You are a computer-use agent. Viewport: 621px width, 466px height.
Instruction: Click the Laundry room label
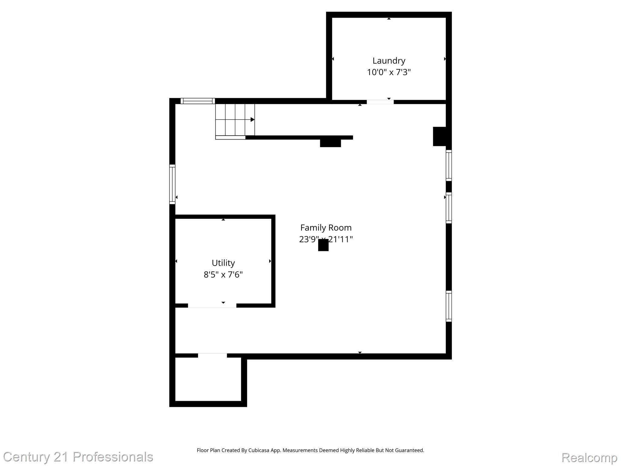(x=389, y=61)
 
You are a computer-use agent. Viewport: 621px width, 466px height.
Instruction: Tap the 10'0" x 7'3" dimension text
(x=389, y=72)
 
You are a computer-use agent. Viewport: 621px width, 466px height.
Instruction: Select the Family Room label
(x=326, y=228)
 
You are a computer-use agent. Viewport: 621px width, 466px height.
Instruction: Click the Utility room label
(x=223, y=263)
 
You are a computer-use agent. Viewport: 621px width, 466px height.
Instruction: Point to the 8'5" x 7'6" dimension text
(x=223, y=275)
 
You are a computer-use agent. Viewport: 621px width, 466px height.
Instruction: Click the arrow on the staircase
(x=252, y=120)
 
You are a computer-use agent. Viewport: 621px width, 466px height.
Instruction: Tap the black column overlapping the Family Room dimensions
(x=323, y=245)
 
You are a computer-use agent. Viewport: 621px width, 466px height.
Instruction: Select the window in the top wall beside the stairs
(x=198, y=101)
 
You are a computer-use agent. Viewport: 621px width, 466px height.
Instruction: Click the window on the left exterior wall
(x=172, y=184)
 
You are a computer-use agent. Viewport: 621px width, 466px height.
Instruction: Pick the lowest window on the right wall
(x=448, y=306)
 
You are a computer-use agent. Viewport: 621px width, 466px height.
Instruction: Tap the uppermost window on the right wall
(x=448, y=165)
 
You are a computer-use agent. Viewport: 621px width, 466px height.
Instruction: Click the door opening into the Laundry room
(x=380, y=102)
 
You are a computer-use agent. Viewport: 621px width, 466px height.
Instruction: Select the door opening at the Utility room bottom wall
(x=212, y=306)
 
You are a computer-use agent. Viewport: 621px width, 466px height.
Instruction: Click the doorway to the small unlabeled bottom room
(x=212, y=355)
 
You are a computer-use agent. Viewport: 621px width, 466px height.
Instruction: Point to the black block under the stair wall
(x=331, y=143)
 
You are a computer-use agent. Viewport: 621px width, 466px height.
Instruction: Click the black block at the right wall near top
(x=439, y=137)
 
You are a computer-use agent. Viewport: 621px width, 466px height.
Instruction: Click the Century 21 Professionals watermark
(x=78, y=457)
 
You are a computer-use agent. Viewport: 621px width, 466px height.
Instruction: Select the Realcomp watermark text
(x=589, y=457)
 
